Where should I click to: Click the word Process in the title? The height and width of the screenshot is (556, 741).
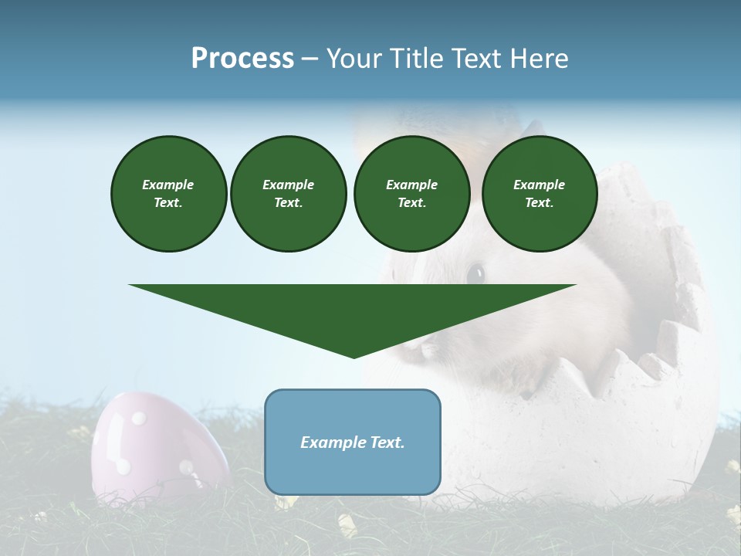242,59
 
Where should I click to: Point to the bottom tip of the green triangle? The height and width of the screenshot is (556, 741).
354,357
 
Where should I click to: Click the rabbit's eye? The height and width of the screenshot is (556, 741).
476,273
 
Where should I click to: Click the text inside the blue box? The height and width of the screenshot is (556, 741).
353,442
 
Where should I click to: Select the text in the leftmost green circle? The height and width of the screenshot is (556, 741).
168,193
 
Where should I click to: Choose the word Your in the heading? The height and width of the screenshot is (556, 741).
353,59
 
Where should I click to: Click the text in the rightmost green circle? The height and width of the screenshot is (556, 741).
539,193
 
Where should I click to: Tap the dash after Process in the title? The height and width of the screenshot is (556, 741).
310,59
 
